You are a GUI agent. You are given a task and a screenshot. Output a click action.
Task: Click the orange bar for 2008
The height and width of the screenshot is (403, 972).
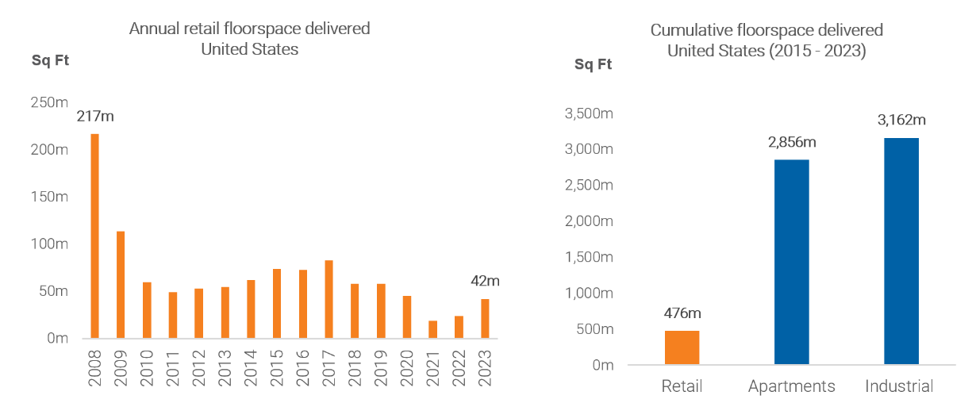tap(95, 236)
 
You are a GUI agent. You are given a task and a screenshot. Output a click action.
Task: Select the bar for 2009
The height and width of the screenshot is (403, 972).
tap(121, 284)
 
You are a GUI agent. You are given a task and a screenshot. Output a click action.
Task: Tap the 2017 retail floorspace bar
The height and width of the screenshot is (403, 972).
tap(328, 298)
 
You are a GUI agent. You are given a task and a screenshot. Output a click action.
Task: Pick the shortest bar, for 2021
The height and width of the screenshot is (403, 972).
tap(432, 329)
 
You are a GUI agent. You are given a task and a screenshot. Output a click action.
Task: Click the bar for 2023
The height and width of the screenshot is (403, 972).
tap(485, 318)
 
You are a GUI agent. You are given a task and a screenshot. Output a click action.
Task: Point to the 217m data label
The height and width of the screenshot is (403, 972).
tap(95, 116)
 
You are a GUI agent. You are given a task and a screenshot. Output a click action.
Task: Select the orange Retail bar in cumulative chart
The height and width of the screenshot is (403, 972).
tap(682, 347)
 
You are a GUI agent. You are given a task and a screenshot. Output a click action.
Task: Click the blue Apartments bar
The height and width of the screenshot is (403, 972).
tap(792, 262)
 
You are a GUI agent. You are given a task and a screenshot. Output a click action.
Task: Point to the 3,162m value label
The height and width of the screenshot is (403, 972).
tap(901, 121)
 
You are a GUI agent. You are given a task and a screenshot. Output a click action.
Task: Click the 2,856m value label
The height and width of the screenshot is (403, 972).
tap(791, 142)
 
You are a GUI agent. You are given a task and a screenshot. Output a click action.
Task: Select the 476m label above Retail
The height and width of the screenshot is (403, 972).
tap(682, 313)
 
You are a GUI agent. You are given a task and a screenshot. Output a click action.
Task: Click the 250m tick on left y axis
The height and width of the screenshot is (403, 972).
tap(49, 102)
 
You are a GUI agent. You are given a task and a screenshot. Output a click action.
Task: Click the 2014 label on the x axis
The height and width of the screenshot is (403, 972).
tap(251, 366)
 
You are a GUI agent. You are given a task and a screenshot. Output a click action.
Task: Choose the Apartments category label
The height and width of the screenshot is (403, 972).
tap(791, 386)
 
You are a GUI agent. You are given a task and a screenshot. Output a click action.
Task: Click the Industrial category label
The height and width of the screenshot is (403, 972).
tap(899, 386)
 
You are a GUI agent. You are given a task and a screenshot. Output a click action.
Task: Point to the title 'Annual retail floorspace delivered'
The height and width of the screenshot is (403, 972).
tap(249, 29)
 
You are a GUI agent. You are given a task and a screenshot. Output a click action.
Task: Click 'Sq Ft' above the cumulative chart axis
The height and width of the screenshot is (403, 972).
tap(594, 64)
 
